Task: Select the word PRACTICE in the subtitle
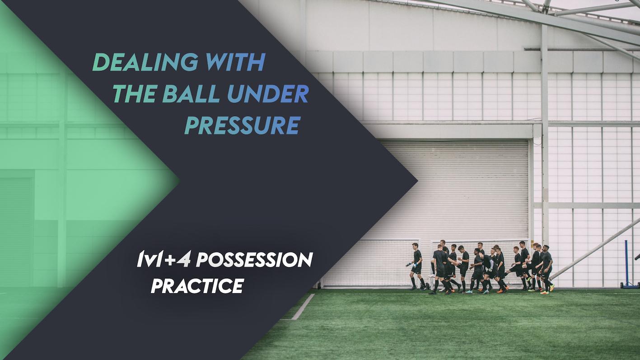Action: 197,285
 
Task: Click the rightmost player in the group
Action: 547,266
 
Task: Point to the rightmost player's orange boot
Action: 551,287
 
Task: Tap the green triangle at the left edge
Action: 68,181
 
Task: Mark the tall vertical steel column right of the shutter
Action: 545,136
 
